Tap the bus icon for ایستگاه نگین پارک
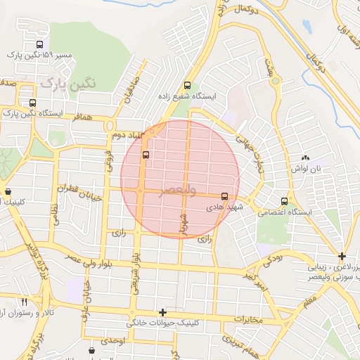tap(32, 103)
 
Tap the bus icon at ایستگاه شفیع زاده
tap(187, 83)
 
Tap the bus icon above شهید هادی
tap(224, 196)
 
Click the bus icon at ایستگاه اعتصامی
tap(284, 201)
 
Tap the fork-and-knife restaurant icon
tap(25, 302)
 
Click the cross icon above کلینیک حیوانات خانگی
tap(163, 312)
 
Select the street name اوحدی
tap(112, 340)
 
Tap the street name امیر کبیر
tap(257, 280)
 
